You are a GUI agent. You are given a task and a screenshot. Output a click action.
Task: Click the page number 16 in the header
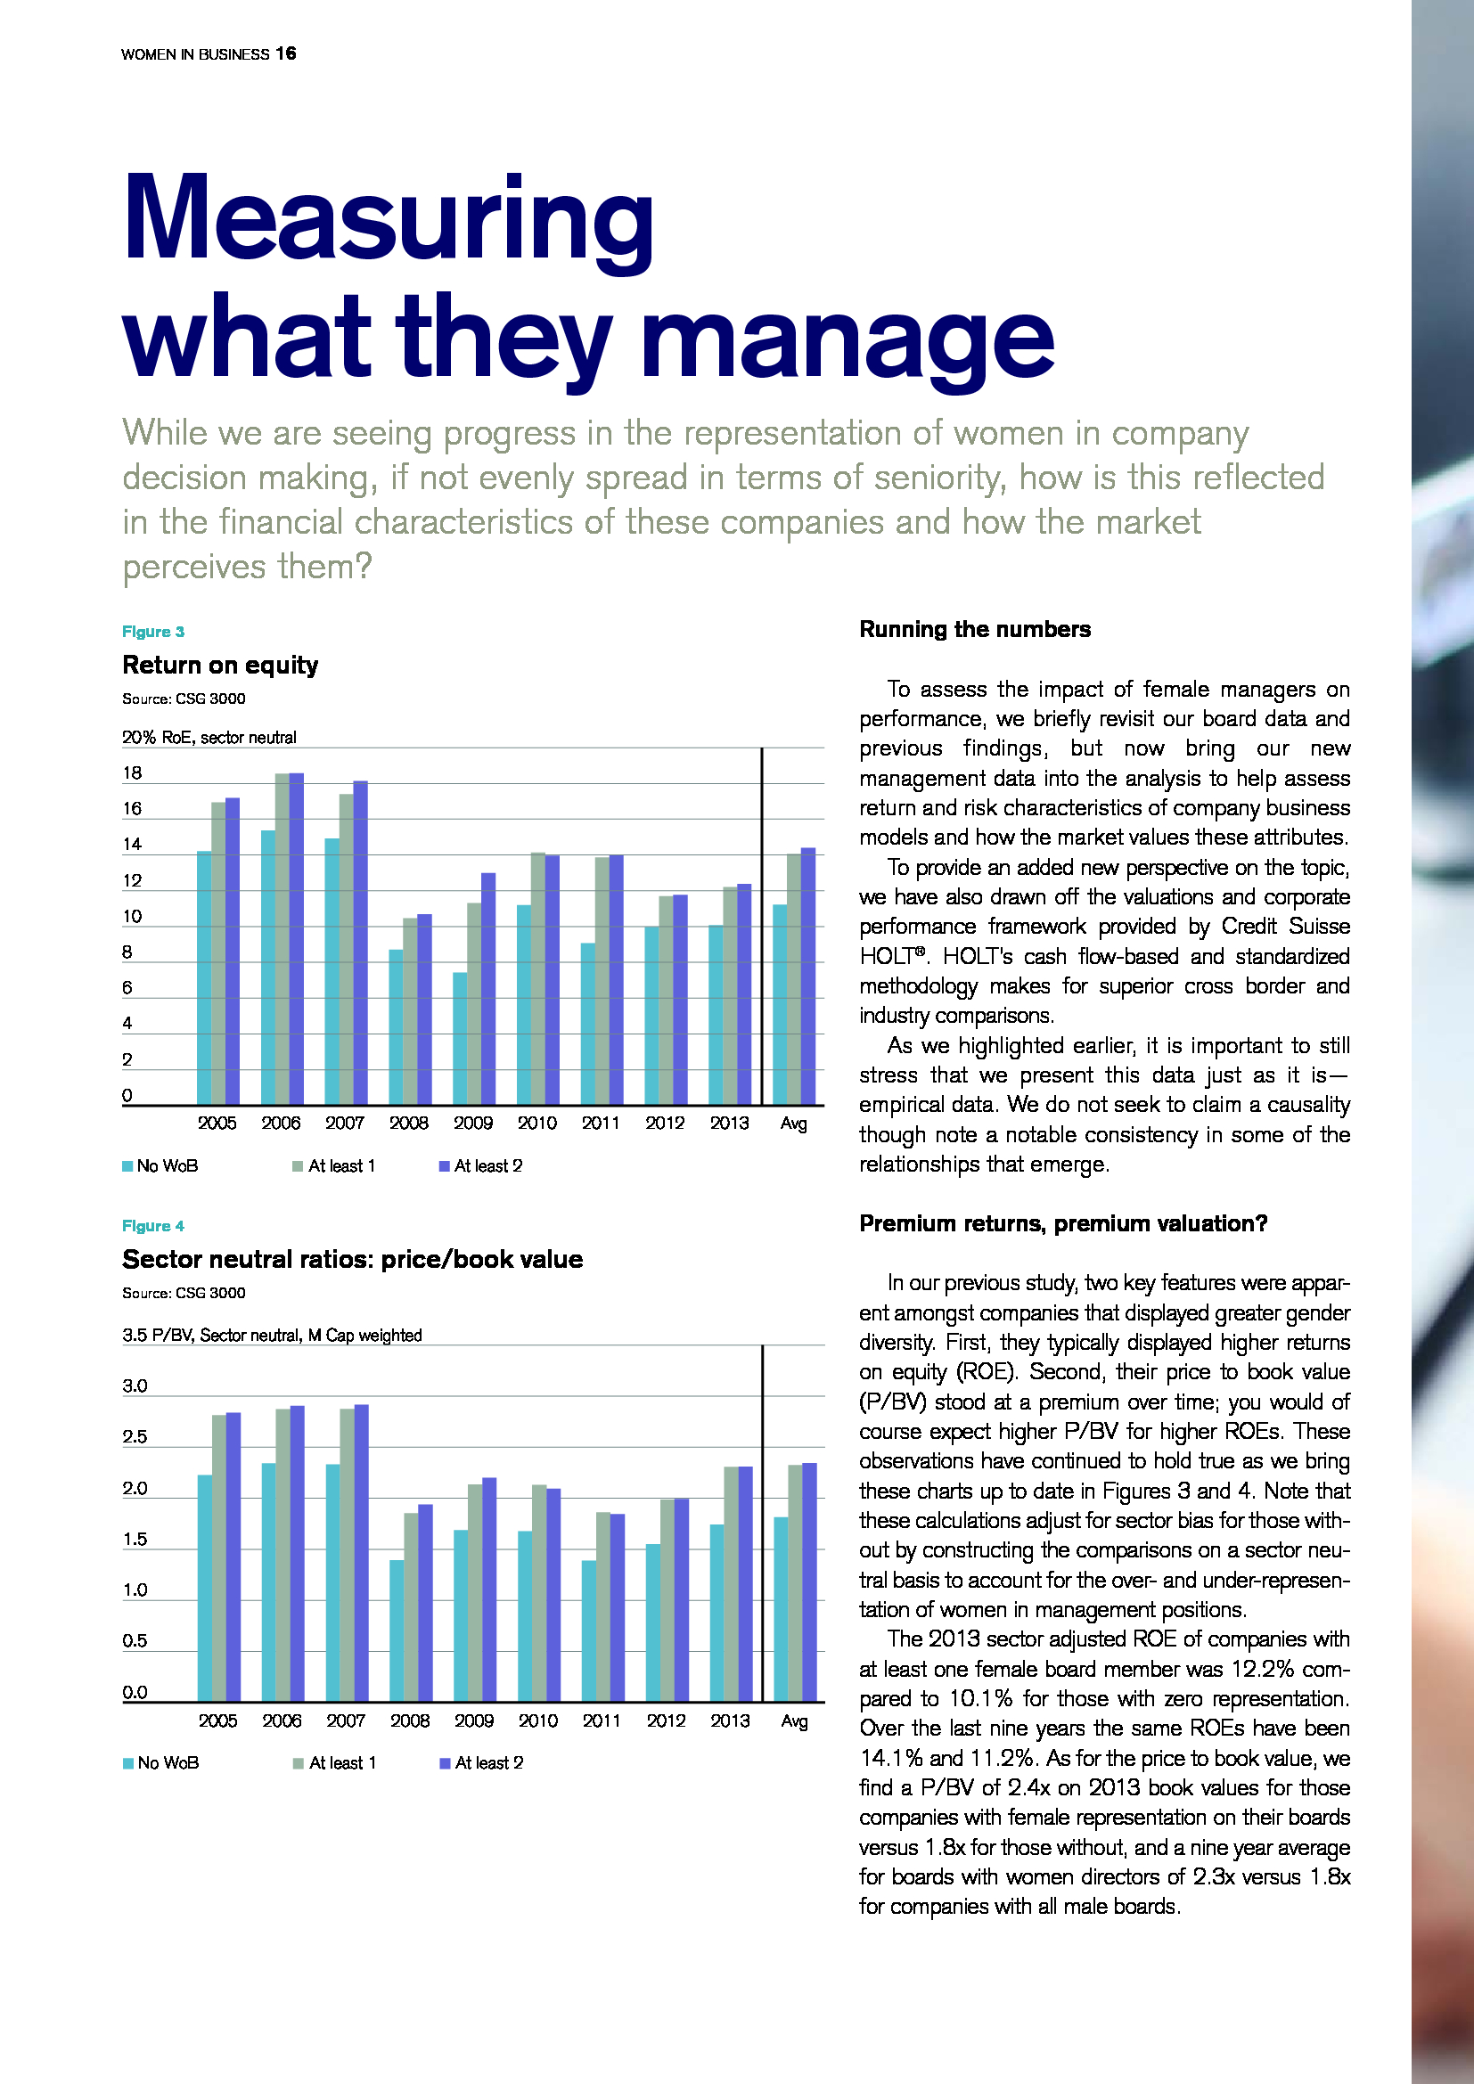[x=286, y=53]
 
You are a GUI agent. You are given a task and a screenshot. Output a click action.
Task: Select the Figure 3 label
[x=153, y=632]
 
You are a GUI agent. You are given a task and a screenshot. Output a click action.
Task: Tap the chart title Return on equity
[x=220, y=666]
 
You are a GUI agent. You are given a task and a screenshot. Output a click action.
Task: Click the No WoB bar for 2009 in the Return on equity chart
[x=460, y=1038]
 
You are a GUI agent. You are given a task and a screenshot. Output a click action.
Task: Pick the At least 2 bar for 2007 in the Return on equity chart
[x=360, y=943]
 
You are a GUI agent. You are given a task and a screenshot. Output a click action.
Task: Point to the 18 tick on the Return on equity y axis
[x=133, y=773]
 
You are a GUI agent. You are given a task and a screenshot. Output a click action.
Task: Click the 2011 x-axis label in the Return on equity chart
[x=601, y=1124]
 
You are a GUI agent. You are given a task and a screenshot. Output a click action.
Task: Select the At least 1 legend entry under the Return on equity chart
[x=334, y=1166]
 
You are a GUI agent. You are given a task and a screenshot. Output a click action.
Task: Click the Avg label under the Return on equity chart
[x=793, y=1124]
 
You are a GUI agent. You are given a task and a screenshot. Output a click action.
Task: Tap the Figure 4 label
[x=153, y=1226]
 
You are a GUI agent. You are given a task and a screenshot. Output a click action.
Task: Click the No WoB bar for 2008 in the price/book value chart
[x=397, y=1631]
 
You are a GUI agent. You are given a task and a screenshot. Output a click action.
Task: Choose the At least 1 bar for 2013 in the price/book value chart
[x=732, y=1585]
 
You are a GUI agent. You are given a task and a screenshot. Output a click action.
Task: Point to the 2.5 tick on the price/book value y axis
[x=135, y=1437]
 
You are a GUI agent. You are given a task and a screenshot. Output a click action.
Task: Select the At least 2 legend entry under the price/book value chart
[x=481, y=1762]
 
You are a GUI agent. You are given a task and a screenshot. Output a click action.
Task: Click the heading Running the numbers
[x=975, y=630]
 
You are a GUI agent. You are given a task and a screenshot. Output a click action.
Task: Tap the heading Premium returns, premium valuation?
[x=1063, y=1223]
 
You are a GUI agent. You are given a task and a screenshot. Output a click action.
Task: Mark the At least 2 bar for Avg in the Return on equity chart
[x=807, y=977]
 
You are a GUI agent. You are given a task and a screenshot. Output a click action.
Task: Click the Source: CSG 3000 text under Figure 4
[x=184, y=1293]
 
